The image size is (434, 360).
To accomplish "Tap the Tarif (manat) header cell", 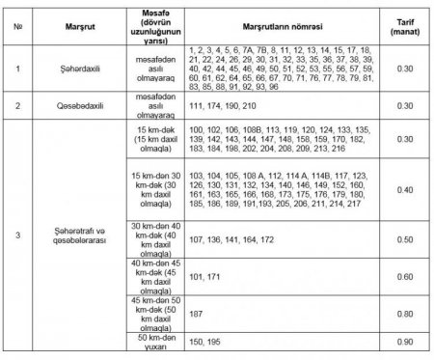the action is [405, 25].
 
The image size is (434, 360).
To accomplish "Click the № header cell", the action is [18, 25].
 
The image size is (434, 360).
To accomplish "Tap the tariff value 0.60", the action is [405, 277].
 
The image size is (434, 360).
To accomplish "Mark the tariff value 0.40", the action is [405, 191].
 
